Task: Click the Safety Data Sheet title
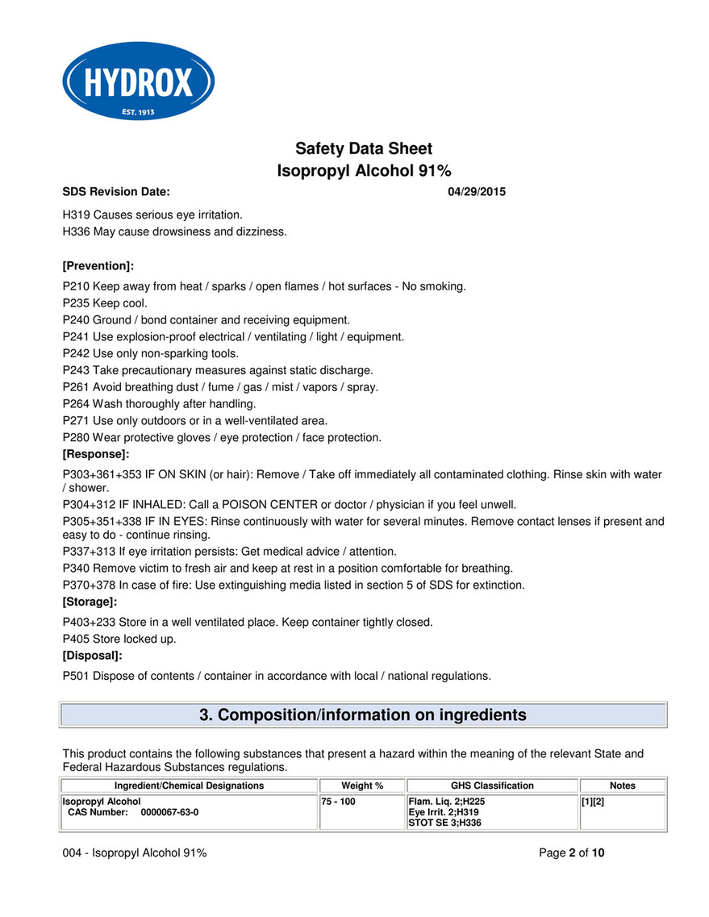(x=364, y=148)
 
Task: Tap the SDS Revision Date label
(x=116, y=192)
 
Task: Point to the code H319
(x=76, y=215)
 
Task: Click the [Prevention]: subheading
(x=98, y=265)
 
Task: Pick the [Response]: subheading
(x=96, y=455)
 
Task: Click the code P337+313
(x=89, y=552)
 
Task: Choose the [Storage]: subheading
(x=90, y=602)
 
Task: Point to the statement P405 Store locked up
(x=119, y=639)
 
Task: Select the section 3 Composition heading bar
(x=363, y=715)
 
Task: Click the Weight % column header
(x=362, y=786)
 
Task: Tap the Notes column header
(x=623, y=786)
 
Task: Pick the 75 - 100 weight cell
(x=339, y=802)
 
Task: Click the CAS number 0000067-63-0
(x=169, y=812)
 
